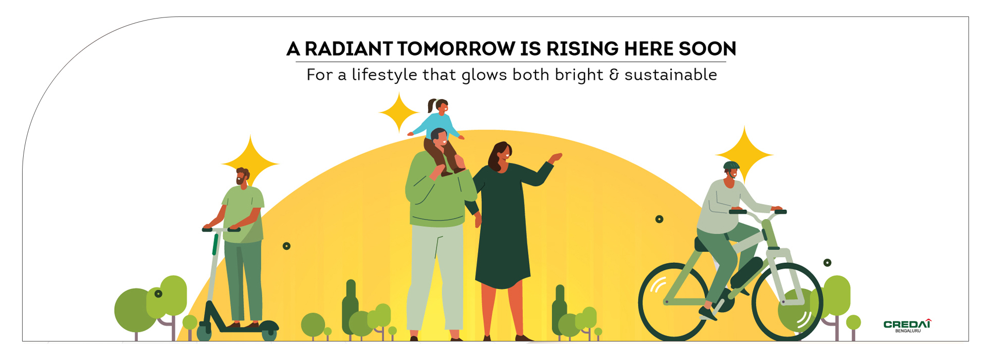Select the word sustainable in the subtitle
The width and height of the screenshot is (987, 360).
pos(671,75)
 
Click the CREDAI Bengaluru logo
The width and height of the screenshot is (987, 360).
pos(907,326)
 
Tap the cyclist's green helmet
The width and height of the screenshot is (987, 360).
pos(731,166)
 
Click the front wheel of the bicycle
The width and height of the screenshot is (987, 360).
pos(787,302)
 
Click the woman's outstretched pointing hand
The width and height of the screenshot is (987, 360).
pos(555,157)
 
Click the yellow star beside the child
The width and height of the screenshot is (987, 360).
pos(399,113)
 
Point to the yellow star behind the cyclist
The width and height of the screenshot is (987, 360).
pos(744,154)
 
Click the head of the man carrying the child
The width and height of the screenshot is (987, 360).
pos(439,138)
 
